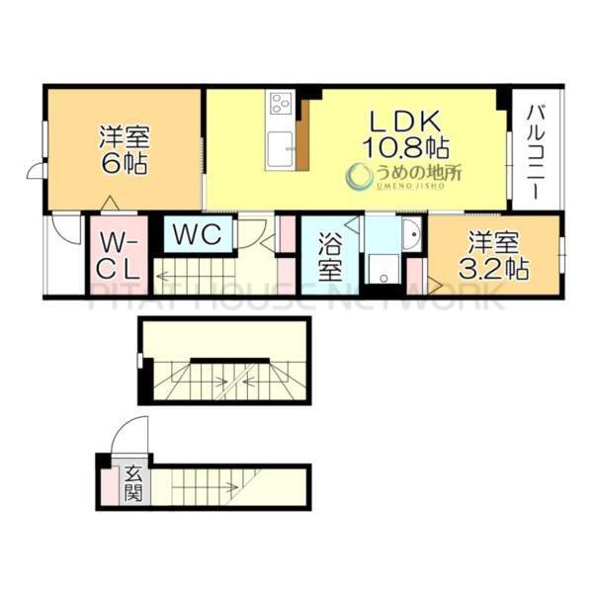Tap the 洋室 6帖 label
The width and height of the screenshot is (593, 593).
[123, 150]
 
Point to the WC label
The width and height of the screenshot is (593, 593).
[199, 235]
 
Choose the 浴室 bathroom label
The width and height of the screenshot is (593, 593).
[330, 256]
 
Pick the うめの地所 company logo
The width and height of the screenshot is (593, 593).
[403, 176]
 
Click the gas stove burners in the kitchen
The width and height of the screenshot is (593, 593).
[281, 102]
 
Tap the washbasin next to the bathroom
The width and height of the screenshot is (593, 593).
[411, 233]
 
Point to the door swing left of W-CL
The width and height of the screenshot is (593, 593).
[67, 229]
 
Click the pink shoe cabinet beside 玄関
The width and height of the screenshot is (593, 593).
[107, 484]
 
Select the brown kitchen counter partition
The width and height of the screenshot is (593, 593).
[302, 138]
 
